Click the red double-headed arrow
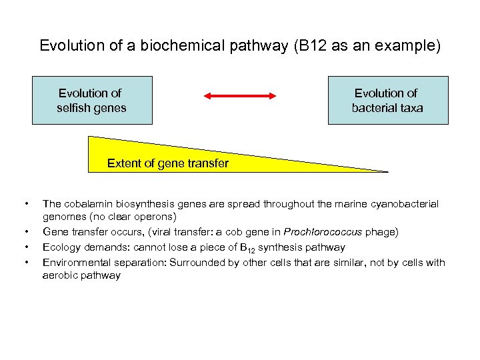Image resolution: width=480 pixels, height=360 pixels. [239, 97]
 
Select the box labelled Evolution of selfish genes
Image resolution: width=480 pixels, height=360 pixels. [92, 100]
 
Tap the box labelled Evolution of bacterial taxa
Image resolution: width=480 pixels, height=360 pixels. [388, 100]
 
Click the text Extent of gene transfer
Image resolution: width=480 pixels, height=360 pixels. [168, 163]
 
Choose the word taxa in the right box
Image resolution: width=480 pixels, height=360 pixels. [410, 107]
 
